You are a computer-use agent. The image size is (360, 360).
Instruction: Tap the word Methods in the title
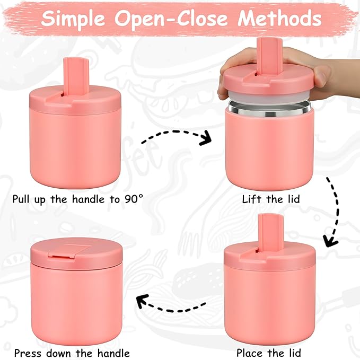tap(279, 19)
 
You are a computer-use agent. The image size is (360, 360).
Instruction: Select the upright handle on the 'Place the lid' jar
tap(268, 229)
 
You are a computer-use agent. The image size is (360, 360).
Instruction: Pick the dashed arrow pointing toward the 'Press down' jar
tap(170, 304)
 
